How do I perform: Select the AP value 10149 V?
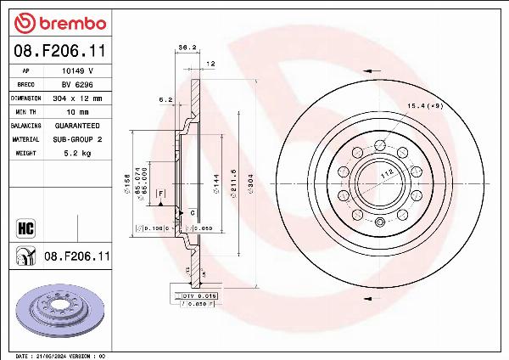(76, 71)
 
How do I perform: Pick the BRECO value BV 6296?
(75, 85)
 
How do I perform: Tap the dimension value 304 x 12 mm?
(76, 98)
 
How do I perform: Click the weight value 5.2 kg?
(76, 153)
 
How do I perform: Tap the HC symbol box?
(25, 227)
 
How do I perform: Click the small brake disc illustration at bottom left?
(59, 309)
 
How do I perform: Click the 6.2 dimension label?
(165, 99)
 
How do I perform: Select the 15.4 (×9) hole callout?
(424, 106)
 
